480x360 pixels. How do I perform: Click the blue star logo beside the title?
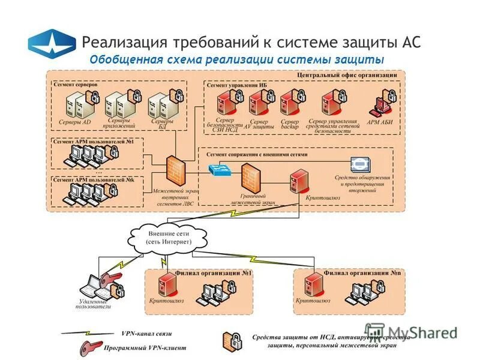click(52, 43)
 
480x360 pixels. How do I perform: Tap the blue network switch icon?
click(218, 169)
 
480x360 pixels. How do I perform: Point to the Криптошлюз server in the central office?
click(299, 179)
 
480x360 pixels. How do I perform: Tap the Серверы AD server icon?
click(74, 104)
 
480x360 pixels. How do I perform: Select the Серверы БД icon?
click(158, 104)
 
